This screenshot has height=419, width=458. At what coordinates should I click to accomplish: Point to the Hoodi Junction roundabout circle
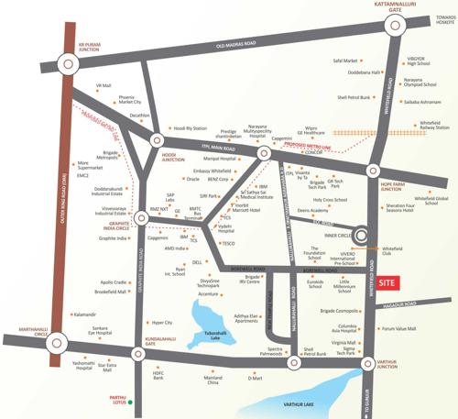click(x=157, y=141)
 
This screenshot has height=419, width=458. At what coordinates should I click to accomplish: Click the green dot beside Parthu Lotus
click(x=131, y=402)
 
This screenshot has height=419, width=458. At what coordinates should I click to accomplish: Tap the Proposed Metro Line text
click(x=308, y=143)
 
